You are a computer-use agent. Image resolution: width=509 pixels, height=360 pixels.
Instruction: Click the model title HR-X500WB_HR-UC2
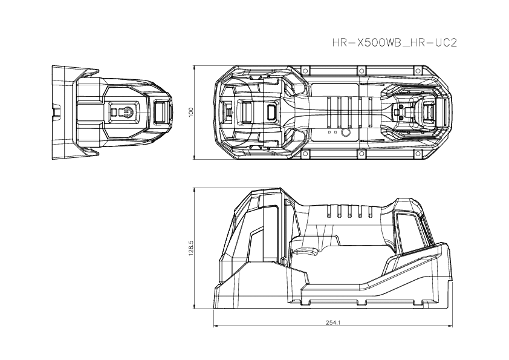[394, 44]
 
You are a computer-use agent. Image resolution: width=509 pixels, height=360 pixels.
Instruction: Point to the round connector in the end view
[127, 113]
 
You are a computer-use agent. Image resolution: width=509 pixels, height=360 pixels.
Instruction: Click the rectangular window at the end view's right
[161, 112]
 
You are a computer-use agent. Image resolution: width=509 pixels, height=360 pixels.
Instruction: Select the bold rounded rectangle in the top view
[270, 112]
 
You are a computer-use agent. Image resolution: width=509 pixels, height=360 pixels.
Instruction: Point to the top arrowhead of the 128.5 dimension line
[194, 189]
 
